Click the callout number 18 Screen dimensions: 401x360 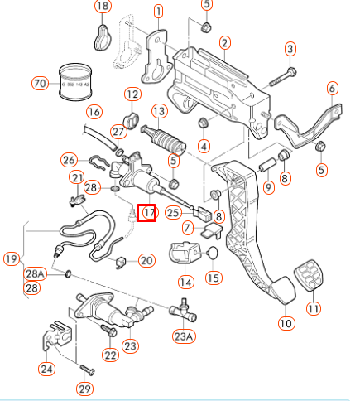tap(102, 7)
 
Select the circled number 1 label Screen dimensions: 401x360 tap(158, 12)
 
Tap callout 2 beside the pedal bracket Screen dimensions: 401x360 tap(224, 42)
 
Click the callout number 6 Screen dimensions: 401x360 tap(332, 88)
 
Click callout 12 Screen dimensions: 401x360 tap(133, 94)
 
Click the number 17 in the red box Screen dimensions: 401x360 tap(147, 212)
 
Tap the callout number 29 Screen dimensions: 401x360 tap(85, 389)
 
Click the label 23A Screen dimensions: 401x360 tap(183, 336)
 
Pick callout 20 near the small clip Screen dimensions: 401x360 tap(146, 260)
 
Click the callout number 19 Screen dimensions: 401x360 tap(12, 258)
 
